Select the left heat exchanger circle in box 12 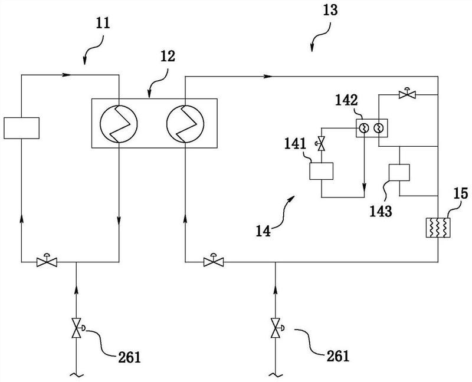pos(119,124)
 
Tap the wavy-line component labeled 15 pos(438,227)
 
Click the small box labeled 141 pos(321,171)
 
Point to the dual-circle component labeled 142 pos(372,127)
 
